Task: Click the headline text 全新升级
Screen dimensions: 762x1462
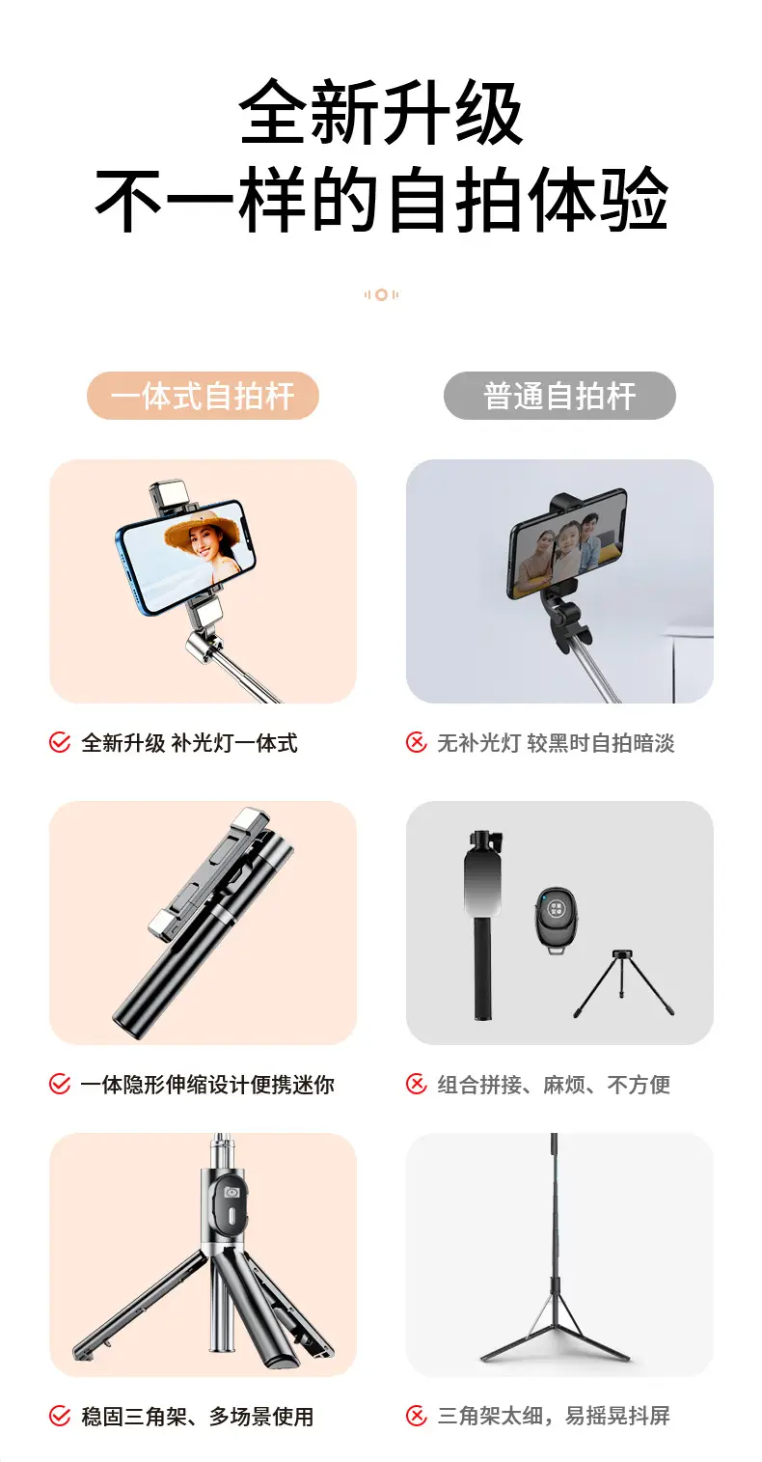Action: tap(381, 112)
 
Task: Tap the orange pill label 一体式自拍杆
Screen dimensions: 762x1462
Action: tap(203, 396)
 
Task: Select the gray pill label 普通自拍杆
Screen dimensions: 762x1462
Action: tap(559, 396)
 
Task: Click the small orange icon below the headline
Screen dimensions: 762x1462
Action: tap(382, 294)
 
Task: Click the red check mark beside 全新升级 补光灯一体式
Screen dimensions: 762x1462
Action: tap(60, 743)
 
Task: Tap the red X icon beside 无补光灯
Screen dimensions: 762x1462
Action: tap(417, 743)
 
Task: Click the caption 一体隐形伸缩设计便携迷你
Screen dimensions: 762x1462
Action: tap(207, 1085)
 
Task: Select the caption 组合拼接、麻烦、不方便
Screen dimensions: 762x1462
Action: tap(554, 1085)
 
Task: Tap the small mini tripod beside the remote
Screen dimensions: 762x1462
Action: tap(624, 983)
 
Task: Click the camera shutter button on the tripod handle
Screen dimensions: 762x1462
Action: tap(231, 1192)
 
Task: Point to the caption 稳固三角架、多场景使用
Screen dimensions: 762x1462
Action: tap(198, 1416)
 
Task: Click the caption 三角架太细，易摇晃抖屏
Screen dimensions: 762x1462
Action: tap(554, 1416)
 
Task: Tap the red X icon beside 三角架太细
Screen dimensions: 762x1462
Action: tap(417, 1416)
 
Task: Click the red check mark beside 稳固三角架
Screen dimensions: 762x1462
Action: tap(60, 1416)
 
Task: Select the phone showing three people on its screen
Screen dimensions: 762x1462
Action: tap(567, 543)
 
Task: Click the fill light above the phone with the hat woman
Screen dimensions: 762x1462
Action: tap(171, 496)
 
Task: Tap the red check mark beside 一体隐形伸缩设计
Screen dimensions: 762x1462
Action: tap(60, 1085)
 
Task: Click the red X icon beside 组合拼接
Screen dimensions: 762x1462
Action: tap(417, 1085)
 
